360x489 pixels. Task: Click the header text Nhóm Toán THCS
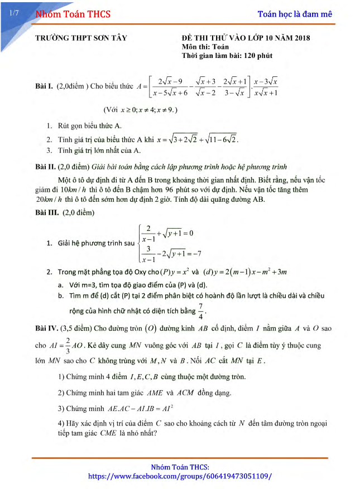(73, 14)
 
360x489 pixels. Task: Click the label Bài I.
(44, 86)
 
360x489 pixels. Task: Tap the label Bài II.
(45, 167)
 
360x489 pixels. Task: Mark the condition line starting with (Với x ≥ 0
(140, 110)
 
